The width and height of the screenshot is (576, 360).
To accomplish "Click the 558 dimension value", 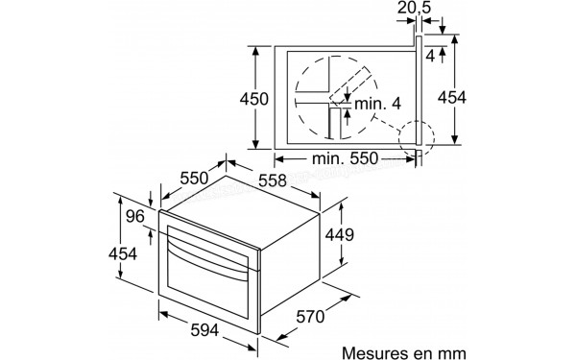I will (x=276, y=180).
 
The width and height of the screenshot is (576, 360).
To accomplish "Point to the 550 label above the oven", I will (x=196, y=180).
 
